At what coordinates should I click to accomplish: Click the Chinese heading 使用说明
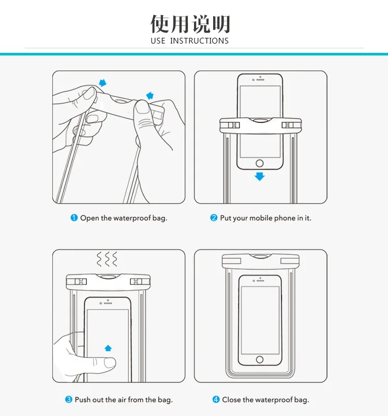[x=190, y=24]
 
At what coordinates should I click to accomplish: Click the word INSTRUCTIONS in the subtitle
[x=199, y=41]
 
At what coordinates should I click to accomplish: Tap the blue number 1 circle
[x=74, y=218]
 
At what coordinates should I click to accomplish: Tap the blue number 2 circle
[x=214, y=218]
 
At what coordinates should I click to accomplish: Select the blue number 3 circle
[x=69, y=399]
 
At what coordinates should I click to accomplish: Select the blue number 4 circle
[x=216, y=399]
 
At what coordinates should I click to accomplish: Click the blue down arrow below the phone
[x=260, y=177]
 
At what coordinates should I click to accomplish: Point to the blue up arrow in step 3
[x=108, y=348]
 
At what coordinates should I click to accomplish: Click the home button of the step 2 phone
[x=260, y=163]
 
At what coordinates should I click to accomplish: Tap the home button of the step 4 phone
[x=260, y=360]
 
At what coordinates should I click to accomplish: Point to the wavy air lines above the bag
[x=107, y=259]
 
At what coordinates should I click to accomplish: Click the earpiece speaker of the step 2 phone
[x=260, y=80]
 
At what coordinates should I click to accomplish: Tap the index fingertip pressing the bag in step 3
[x=110, y=363]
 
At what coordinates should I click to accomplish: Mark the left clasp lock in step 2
[x=234, y=125]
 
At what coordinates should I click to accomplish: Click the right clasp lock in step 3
[x=136, y=281]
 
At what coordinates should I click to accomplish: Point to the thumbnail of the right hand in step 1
[x=143, y=107]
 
